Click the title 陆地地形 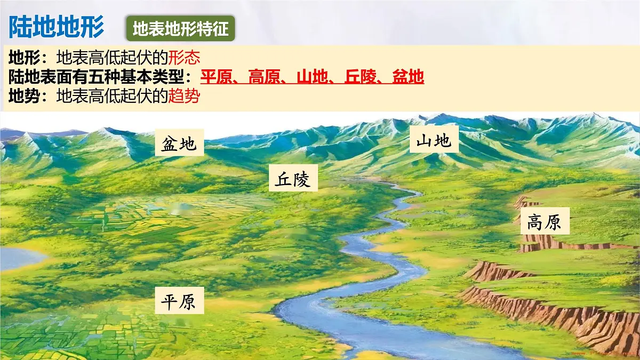(x=57, y=26)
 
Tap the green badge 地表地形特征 (x=180, y=28)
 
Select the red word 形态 (x=184, y=57)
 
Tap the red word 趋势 (x=184, y=97)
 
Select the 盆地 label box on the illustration (x=179, y=143)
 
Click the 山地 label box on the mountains (x=434, y=140)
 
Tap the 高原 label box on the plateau (x=545, y=222)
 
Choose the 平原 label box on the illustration (x=179, y=301)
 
